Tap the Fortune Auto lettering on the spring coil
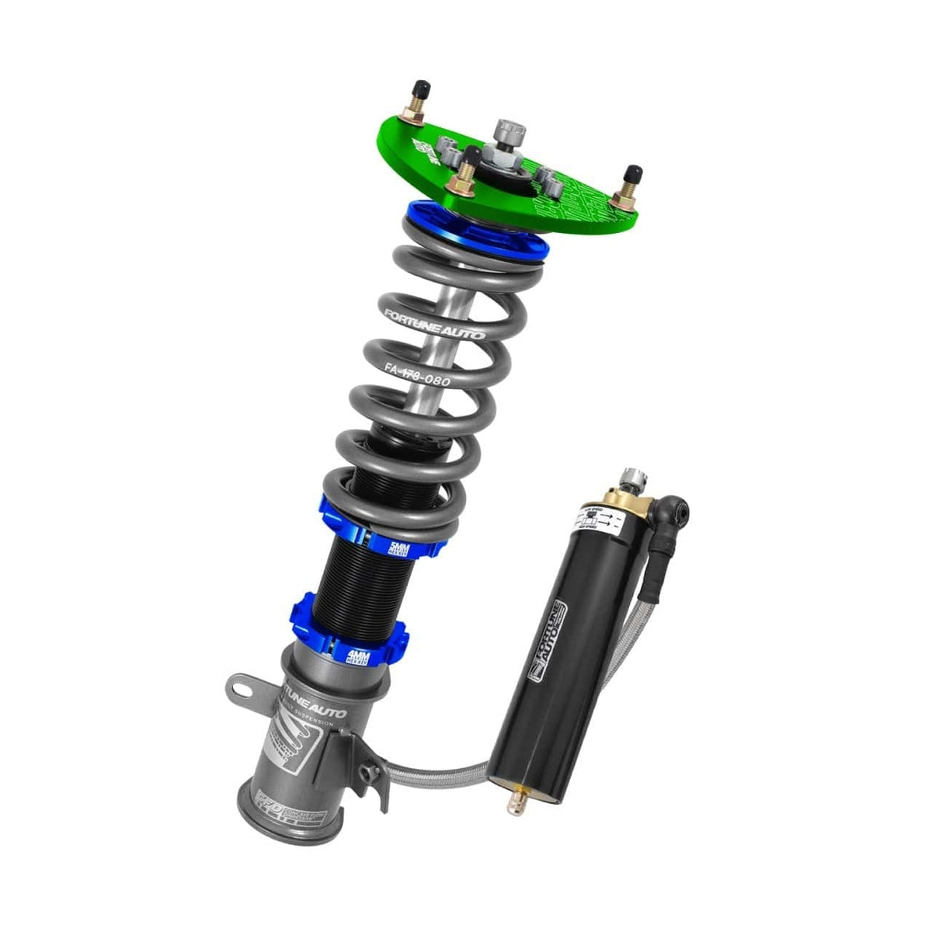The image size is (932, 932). click(x=435, y=324)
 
